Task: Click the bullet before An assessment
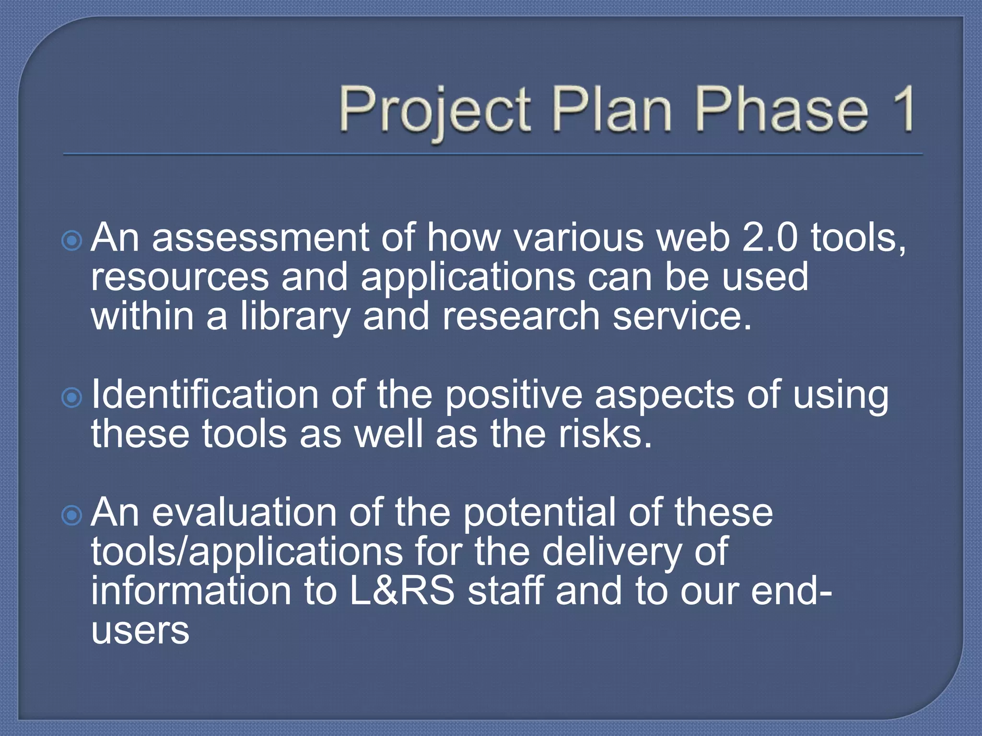(72, 240)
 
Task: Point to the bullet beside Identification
(72, 397)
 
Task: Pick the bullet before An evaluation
(72, 515)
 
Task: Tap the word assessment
(260, 238)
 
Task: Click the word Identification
(205, 394)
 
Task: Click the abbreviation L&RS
(402, 591)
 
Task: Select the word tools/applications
(247, 552)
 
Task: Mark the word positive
(514, 395)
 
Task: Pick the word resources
(180, 278)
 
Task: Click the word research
(521, 317)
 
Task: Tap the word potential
(539, 513)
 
